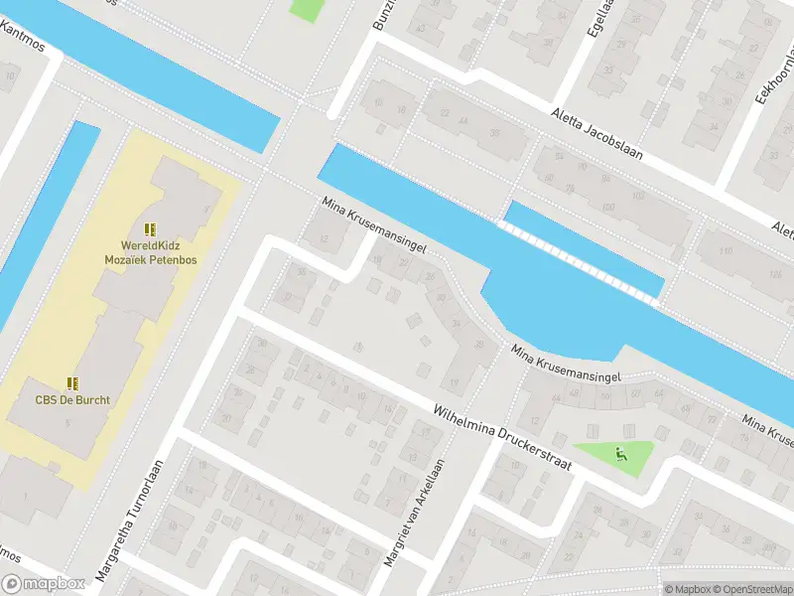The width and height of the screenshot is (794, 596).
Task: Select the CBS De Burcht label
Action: [71, 401]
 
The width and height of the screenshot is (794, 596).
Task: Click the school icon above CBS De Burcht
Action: [71, 382]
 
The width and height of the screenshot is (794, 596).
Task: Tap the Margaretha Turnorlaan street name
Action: [129, 521]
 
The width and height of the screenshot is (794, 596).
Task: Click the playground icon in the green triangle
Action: [621, 456]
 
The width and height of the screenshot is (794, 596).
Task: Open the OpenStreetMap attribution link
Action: [751, 588]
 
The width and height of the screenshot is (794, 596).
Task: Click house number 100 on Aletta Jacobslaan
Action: [608, 206]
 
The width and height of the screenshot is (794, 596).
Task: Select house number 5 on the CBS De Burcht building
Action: [67, 424]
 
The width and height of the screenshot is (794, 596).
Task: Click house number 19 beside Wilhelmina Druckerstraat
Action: [455, 381]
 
